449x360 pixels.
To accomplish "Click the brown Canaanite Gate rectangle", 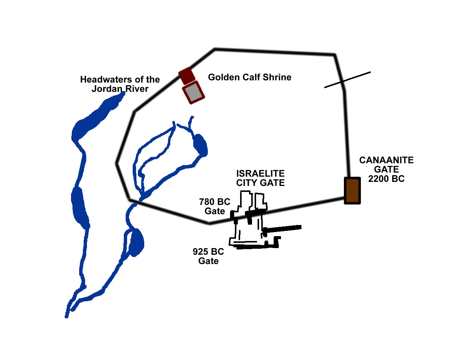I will click(352, 190).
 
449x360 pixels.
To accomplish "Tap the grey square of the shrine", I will click(194, 93).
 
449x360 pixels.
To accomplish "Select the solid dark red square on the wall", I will click(187, 75).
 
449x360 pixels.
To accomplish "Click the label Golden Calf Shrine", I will click(249, 77).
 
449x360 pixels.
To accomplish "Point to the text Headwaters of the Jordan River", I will click(120, 84).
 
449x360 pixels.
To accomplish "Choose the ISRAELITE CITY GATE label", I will click(260, 178).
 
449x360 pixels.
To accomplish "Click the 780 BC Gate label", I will click(215, 206).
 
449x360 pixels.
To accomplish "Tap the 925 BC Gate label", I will click(208, 256).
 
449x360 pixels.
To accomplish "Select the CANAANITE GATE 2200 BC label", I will click(386, 169).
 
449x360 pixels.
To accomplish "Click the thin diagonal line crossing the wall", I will click(347, 80).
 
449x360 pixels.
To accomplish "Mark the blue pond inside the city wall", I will click(200, 144).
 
